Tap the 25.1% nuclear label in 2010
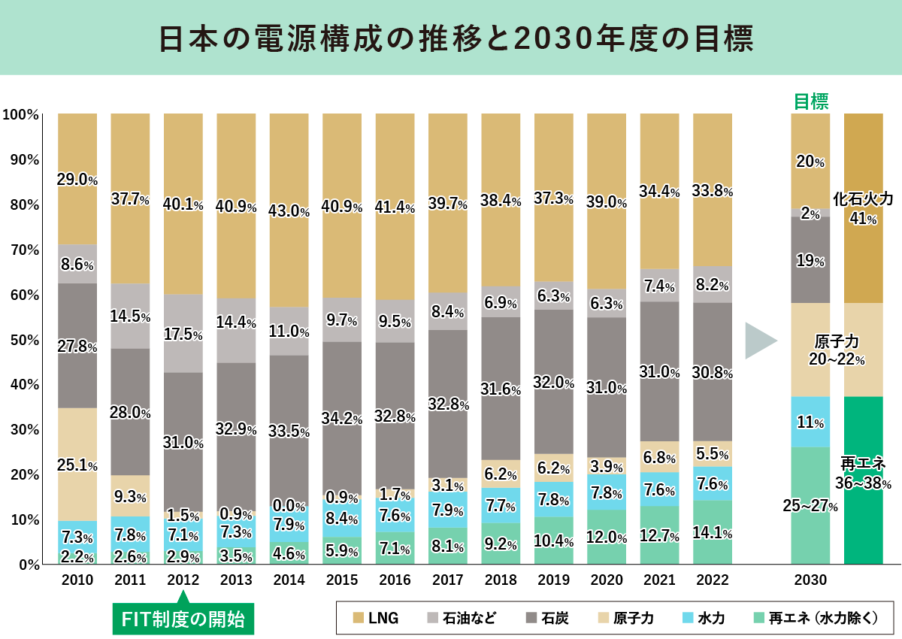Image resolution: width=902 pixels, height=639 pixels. coord(77,466)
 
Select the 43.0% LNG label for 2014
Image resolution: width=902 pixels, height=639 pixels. coord(289,212)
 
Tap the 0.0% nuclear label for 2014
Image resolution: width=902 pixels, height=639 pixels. coord(289,507)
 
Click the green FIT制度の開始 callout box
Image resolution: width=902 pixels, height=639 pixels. coord(183,620)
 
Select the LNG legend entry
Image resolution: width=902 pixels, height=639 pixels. coord(376,618)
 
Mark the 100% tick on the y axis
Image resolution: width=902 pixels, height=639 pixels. coord(20,114)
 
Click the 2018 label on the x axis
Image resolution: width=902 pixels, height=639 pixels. coord(501,580)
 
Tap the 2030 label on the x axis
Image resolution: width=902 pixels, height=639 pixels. coord(810,580)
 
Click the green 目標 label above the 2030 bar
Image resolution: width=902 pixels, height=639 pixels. coord(811,101)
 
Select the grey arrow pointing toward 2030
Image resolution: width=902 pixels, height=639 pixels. coord(760,341)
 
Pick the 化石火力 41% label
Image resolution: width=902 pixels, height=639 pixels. coord(863,208)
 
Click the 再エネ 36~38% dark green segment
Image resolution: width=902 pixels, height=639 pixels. coord(863,474)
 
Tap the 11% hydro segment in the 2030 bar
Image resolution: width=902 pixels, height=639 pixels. coord(810,422)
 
